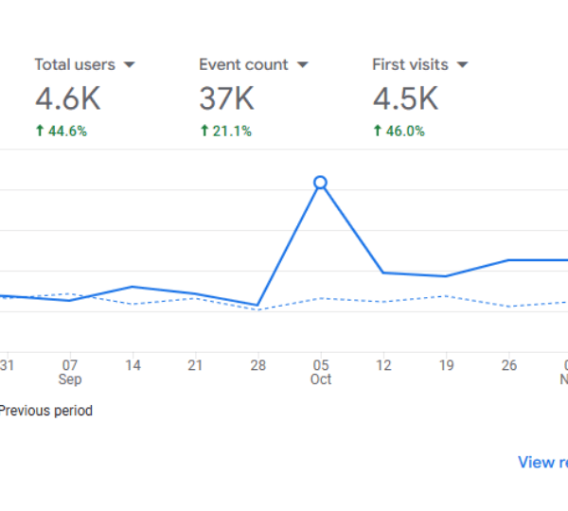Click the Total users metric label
click(x=75, y=64)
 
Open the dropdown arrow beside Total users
click(x=130, y=65)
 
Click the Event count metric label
click(x=243, y=64)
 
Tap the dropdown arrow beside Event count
click(x=303, y=65)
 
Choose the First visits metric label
click(x=410, y=64)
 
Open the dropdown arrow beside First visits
click(x=463, y=65)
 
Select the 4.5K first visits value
click(x=404, y=98)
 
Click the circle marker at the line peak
click(x=320, y=183)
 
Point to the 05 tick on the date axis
click(x=321, y=365)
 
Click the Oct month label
click(x=321, y=379)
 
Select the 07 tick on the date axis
click(x=70, y=365)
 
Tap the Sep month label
click(x=70, y=379)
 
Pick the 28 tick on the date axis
click(x=257, y=365)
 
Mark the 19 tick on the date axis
click(x=446, y=365)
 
